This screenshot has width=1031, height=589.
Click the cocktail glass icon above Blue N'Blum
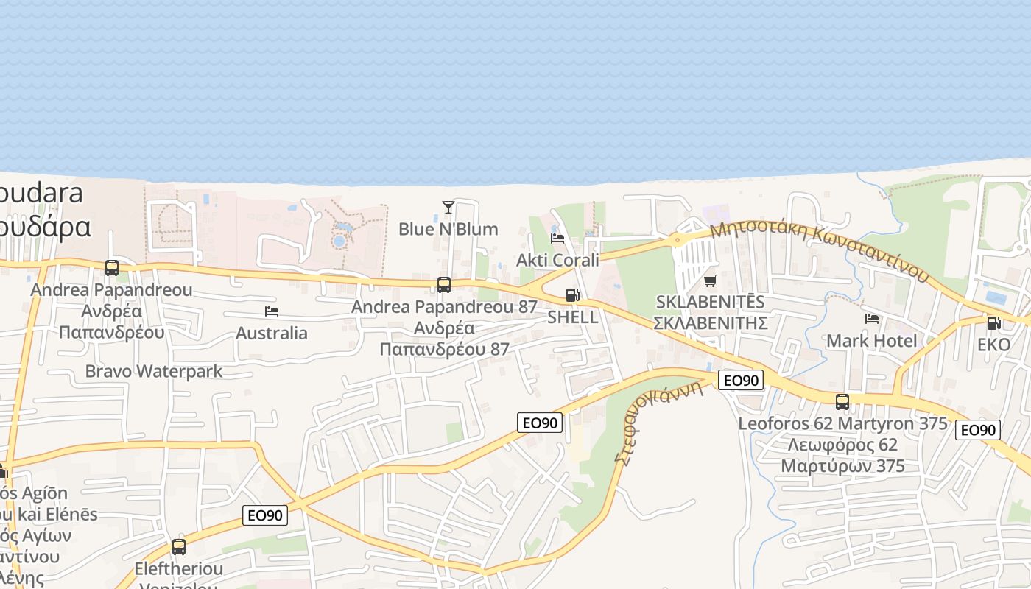448,208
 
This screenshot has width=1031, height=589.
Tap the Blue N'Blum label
448,229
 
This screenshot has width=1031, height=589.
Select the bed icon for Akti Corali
557,239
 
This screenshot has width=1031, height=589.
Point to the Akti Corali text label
557,260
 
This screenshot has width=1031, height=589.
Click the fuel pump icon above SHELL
572,296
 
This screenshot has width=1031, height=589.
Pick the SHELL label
572,317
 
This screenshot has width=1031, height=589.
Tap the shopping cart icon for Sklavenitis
711,281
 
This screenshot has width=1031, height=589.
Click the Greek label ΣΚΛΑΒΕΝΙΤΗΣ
711,323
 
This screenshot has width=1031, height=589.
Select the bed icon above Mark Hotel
872,319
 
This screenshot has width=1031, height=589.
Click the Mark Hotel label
872,341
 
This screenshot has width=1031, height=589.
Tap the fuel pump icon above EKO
993,322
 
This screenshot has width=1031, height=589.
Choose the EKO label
993,345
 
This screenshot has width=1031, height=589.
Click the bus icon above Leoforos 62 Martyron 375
842,402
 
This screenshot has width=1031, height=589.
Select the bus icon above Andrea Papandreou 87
444,285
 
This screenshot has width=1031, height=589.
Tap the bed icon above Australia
272,311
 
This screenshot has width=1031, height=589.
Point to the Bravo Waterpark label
153,371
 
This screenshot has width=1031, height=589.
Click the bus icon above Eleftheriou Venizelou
179,547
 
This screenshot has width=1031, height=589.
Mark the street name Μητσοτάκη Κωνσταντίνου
819,251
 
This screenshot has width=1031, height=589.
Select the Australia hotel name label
272,334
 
